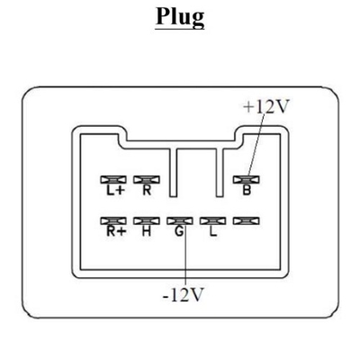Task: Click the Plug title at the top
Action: point(180,17)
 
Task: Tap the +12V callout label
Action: point(265,107)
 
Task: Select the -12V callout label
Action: point(183,295)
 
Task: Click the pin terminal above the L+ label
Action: point(113,180)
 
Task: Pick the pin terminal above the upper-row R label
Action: point(147,180)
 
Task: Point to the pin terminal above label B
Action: point(247,180)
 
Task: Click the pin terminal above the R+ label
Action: point(113,221)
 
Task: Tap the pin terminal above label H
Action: point(147,221)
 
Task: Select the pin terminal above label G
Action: point(180,221)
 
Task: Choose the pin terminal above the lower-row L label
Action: point(213,221)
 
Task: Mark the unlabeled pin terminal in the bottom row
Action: point(247,221)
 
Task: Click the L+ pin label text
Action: point(115,190)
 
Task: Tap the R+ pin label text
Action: point(115,231)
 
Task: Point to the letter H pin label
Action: point(147,231)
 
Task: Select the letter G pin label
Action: point(179,231)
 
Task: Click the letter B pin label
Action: point(247,190)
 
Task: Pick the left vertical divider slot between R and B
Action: point(173,173)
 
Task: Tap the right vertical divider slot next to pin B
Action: point(220,173)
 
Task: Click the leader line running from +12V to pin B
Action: point(256,146)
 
